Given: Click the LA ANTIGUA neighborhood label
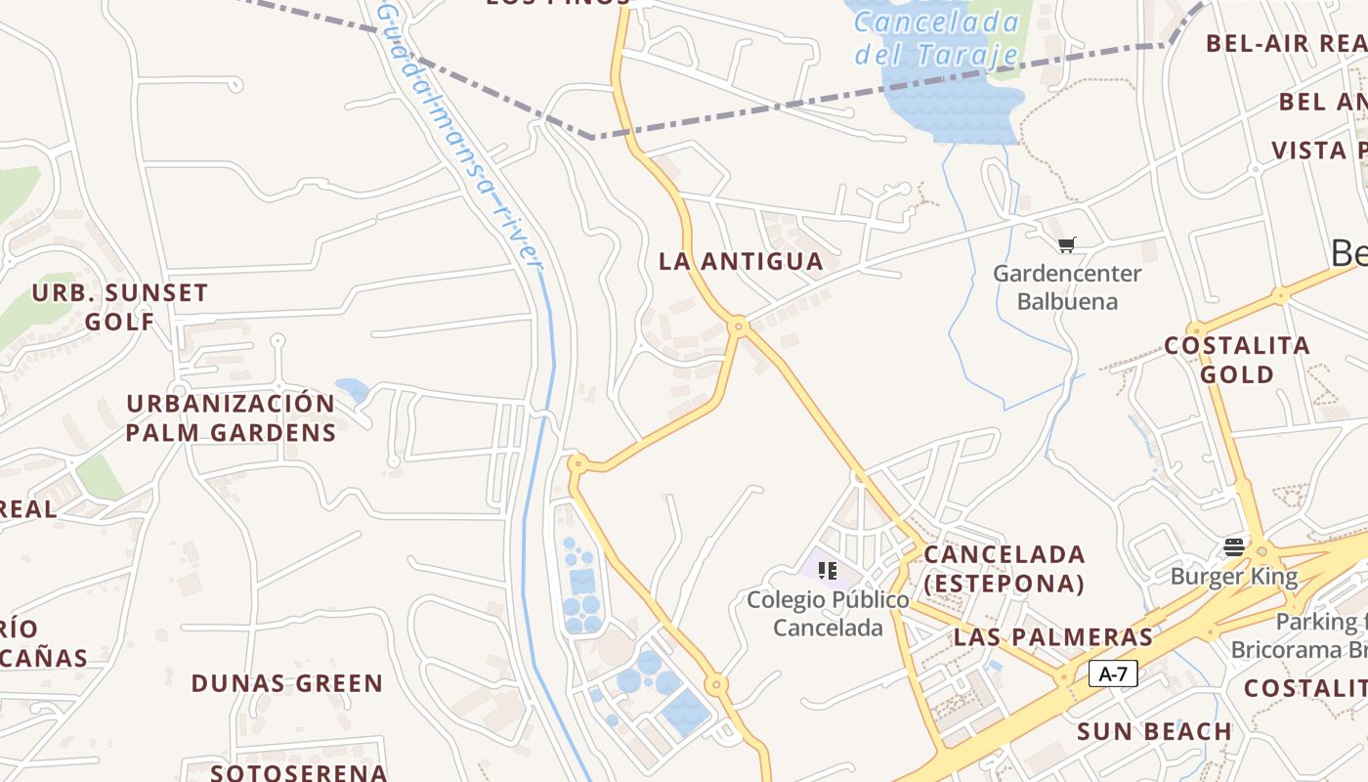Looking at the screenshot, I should click(x=741, y=261).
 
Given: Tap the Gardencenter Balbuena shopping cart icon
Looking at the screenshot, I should click(x=1066, y=244).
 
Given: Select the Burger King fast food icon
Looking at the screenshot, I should click(x=1234, y=546).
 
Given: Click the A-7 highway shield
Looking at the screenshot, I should click(x=1113, y=673).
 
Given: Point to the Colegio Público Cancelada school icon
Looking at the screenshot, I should click(x=828, y=570).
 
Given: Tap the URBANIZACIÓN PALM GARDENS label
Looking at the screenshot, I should click(x=231, y=417).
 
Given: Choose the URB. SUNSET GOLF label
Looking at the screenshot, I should click(x=120, y=307).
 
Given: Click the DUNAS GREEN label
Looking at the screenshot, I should click(x=286, y=683).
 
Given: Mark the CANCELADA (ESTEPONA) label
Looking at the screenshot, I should click(x=1005, y=569).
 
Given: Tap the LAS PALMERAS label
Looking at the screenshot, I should click(x=1053, y=637).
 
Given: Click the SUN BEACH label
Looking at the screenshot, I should click(x=1154, y=731).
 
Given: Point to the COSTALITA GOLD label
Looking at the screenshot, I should click(x=1237, y=360).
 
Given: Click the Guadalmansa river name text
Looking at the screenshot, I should click(x=459, y=137).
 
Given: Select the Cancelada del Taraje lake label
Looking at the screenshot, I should click(x=936, y=37).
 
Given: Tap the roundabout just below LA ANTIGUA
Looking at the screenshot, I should click(x=739, y=326).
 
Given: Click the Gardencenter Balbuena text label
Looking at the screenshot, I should click(x=1066, y=286).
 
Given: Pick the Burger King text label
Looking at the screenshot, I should click(x=1234, y=576).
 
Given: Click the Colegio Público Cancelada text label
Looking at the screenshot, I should click(x=828, y=613).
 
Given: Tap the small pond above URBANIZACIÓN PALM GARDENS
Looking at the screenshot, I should click(x=353, y=390).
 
